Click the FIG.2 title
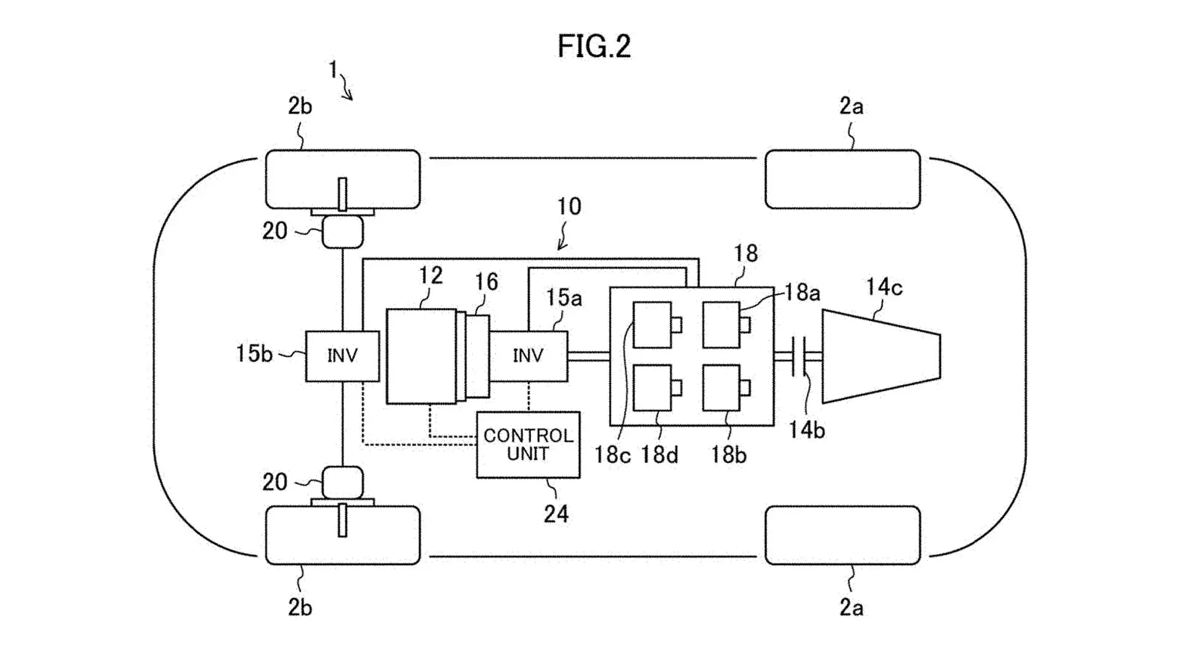coord(594,46)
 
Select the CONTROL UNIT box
coord(528,445)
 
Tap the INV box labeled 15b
coord(342,356)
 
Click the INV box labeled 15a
coord(529,356)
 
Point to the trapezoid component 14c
coord(881,356)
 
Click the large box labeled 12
coord(422,356)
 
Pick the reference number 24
coord(556,514)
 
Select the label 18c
coord(612,455)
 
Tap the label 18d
coord(659,455)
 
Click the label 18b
coord(728,455)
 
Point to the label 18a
coord(802,293)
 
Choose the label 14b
coord(806,430)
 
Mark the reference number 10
coord(569,207)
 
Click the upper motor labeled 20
coord(343,231)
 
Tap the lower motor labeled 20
coord(343,482)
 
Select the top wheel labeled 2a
coord(843,179)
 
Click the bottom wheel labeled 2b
coord(343,535)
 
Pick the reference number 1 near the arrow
coord(333,69)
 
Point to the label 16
coord(486,282)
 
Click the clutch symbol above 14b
coord(798,356)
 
